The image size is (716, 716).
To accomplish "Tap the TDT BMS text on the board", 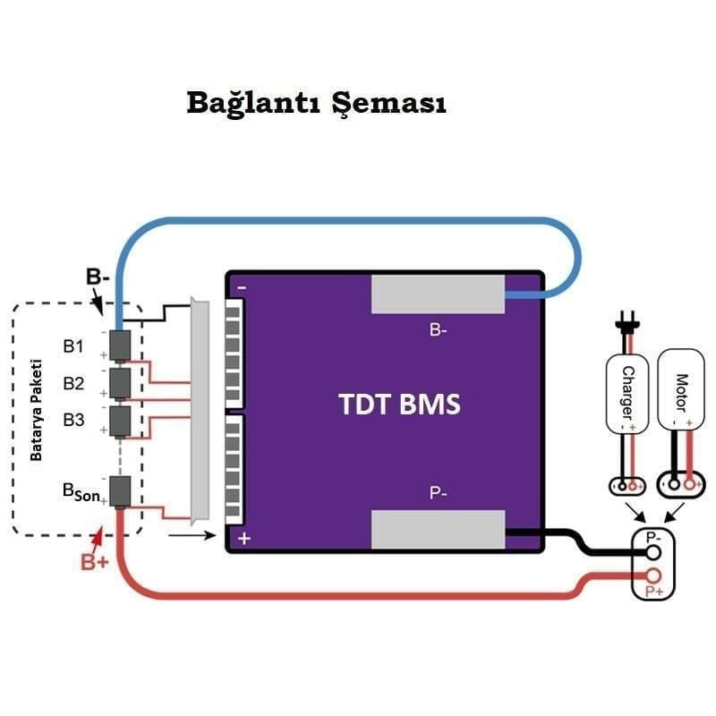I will tap(399, 405).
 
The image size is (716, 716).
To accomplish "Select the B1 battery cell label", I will tap(73, 345).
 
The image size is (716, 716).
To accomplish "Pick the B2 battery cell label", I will tap(73, 383).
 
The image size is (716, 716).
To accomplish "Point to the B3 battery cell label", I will tap(73, 420).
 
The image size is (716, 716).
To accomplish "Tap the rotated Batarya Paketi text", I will tap(37, 412).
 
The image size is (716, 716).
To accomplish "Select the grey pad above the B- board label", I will tap(439, 294).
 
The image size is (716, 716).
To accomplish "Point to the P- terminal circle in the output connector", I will tap(654, 553).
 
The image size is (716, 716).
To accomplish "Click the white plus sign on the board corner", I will tap(243, 538).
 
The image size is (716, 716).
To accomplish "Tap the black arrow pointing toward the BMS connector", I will tap(192, 537).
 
